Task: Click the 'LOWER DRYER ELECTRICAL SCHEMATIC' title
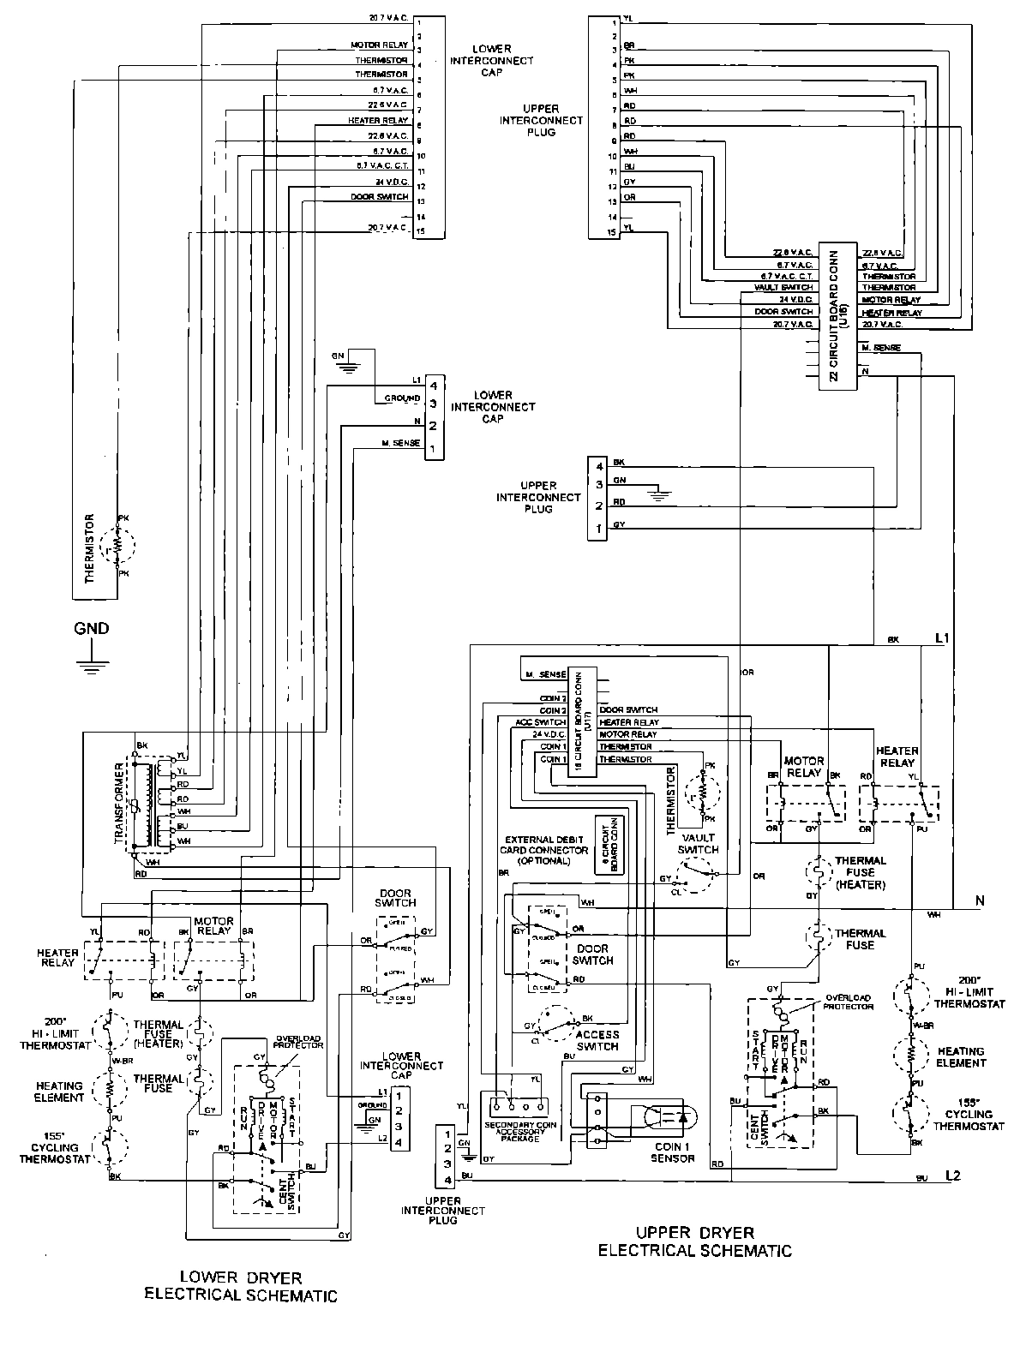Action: tap(240, 1286)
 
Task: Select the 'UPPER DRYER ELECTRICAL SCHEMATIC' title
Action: tap(694, 1241)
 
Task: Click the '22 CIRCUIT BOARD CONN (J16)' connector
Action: tap(838, 318)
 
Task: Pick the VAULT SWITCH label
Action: tap(699, 843)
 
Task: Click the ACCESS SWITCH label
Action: tap(597, 1040)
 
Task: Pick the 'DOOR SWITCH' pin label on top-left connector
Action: tap(380, 197)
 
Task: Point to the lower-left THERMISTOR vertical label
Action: tap(88, 548)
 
